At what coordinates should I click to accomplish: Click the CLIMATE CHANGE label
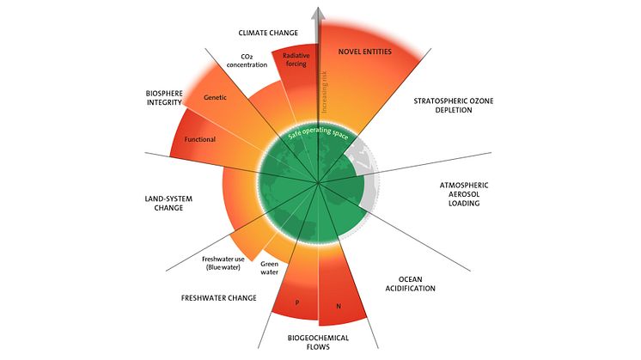click(268, 33)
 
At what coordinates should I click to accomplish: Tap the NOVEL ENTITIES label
click(364, 52)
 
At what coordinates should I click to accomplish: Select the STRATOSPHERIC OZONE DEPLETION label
click(454, 106)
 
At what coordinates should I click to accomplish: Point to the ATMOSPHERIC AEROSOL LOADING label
click(464, 194)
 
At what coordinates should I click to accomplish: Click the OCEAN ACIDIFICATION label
click(410, 284)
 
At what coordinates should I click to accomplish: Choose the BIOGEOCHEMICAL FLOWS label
click(318, 343)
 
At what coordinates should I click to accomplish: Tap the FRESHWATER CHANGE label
click(219, 298)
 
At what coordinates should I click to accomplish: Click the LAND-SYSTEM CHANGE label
click(168, 203)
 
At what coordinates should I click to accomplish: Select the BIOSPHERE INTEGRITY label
click(164, 98)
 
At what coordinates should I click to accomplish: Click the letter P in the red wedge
click(297, 302)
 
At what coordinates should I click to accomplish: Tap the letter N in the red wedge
click(339, 306)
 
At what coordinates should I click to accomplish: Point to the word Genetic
click(215, 97)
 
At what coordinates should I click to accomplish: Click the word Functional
click(200, 139)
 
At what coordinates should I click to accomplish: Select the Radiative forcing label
click(296, 59)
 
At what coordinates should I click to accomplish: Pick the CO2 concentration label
click(247, 61)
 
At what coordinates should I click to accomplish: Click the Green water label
click(270, 268)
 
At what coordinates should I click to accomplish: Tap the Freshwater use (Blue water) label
click(223, 263)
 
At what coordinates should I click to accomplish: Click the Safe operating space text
click(319, 132)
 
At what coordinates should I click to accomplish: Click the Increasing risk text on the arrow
click(325, 92)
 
